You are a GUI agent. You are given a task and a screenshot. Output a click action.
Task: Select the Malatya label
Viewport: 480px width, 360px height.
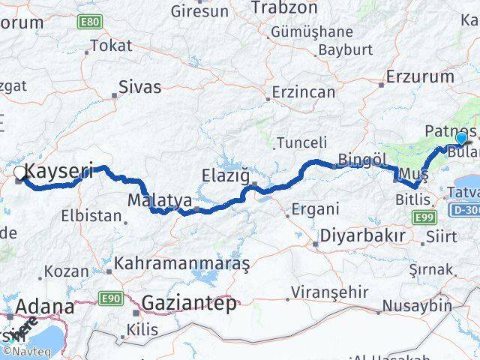[x=159, y=201]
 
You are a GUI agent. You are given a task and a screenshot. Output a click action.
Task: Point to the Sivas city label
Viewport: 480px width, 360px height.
[x=140, y=87]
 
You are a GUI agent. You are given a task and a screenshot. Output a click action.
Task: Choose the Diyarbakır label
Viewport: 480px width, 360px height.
[x=363, y=235]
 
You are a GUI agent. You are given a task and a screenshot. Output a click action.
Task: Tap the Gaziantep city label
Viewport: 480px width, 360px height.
[x=189, y=303]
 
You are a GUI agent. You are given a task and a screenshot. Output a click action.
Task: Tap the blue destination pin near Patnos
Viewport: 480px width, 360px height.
[x=460, y=138]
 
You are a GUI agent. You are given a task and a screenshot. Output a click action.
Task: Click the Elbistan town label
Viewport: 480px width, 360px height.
[x=91, y=216]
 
